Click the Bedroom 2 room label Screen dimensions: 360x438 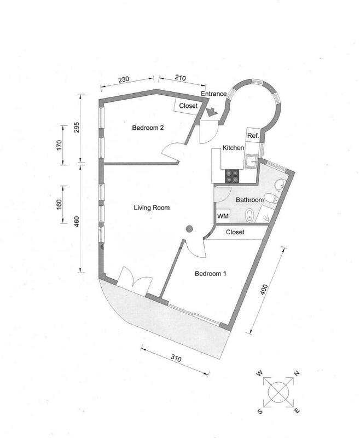[148, 128]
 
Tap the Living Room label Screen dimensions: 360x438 [152, 208]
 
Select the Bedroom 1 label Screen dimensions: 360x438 [211, 273]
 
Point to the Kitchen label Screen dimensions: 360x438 [233, 148]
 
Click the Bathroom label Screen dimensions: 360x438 [250, 200]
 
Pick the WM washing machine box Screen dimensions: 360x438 [223, 216]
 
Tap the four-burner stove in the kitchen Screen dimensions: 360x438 [232, 176]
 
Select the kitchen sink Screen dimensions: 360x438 [252, 161]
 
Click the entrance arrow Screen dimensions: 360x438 [212, 112]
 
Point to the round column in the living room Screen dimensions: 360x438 [189, 229]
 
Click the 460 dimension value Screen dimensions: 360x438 [77, 221]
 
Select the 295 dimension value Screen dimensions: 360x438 [77, 128]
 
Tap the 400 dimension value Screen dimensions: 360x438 [264, 290]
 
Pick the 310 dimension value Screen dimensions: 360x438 [176, 358]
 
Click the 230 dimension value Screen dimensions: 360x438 [124, 79]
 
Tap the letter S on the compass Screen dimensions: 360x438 [260, 411]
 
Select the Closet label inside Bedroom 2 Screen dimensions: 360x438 [188, 106]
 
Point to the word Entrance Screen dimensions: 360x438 [214, 94]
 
